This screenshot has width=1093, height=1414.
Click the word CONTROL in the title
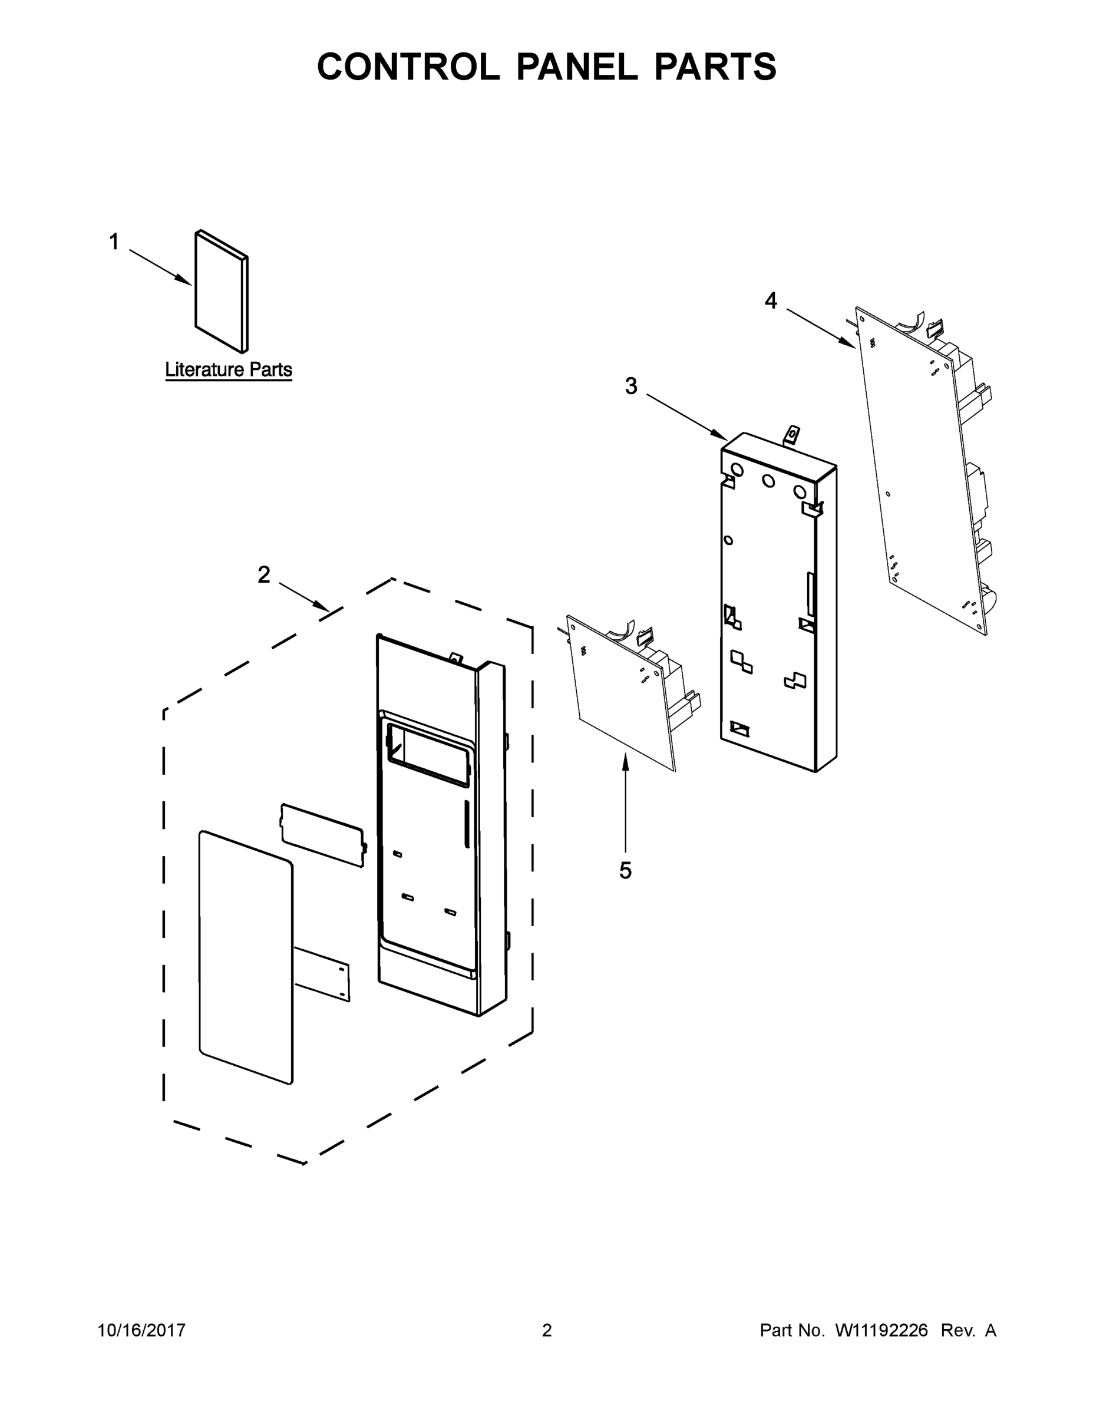click(408, 67)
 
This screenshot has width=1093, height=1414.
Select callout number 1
click(114, 242)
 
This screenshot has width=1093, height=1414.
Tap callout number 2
click(263, 574)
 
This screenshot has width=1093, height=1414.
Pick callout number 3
click(630, 386)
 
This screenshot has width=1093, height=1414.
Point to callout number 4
click(771, 300)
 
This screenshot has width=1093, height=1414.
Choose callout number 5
click(625, 871)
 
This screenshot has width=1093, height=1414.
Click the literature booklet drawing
click(220, 292)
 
